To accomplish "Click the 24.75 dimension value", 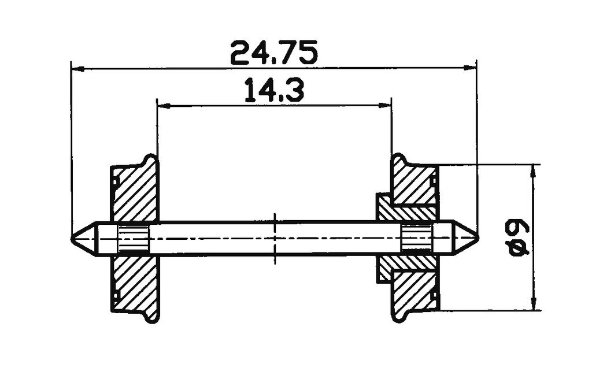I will (x=273, y=53).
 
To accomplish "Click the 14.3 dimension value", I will (x=274, y=91).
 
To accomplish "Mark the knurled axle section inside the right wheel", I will (x=416, y=237).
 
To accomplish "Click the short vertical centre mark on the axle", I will (x=275, y=237).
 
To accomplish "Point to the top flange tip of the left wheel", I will (x=151, y=157).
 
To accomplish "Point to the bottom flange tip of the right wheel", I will (x=399, y=318).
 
